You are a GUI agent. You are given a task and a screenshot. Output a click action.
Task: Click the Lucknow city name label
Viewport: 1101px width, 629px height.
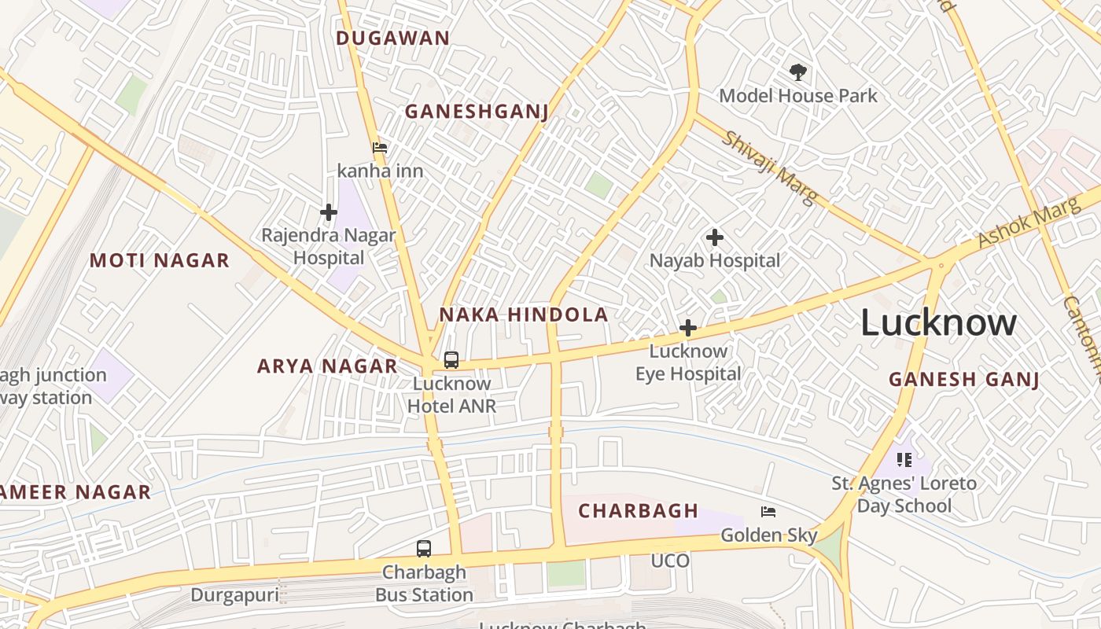(x=938, y=323)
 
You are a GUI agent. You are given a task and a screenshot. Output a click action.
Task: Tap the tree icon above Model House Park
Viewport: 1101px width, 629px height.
(x=798, y=73)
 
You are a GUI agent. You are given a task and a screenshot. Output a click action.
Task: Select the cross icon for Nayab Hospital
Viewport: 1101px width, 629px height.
(x=714, y=237)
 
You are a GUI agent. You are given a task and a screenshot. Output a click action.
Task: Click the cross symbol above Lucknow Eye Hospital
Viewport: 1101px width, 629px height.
(x=688, y=327)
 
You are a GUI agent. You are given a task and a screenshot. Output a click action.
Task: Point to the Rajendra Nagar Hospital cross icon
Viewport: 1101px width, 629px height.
(x=328, y=212)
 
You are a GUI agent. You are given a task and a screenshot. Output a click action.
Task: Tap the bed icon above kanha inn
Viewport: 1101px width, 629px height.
(x=380, y=147)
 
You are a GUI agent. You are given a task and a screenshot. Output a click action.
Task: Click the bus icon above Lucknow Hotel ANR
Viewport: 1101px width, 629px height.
(x=451, y=360)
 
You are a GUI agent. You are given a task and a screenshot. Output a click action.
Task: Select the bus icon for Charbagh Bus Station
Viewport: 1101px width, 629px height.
(x=424, y=548)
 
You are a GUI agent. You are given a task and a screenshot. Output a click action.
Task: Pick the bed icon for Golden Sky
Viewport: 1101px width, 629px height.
(x=768, y=512)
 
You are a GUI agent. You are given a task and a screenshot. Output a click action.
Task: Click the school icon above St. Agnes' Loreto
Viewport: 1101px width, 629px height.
(x=904, y=459)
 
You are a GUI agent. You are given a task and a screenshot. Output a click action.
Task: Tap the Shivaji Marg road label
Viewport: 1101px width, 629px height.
(x=769, y=167)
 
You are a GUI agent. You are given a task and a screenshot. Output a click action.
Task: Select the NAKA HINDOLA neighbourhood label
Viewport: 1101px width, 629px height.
(x=523, y=315)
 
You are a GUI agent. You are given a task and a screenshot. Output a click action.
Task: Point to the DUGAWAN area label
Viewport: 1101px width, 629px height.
(x=392, y=38)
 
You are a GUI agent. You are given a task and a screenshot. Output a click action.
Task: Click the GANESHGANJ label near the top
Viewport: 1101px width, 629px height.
(x=476, y=112)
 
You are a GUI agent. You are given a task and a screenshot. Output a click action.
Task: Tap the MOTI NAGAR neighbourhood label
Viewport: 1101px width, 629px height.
(x=160, y=260)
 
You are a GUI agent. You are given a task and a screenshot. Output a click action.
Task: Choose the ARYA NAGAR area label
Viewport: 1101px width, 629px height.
(x=327, y=366)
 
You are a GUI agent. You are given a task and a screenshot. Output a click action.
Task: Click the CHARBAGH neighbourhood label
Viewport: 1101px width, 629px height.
(x=638, y=511)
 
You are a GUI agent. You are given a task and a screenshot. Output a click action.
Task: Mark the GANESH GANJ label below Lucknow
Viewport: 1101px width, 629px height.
(x=964, y=379)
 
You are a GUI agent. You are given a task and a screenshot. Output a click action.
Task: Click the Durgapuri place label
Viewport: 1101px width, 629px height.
(x=234, y=595)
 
